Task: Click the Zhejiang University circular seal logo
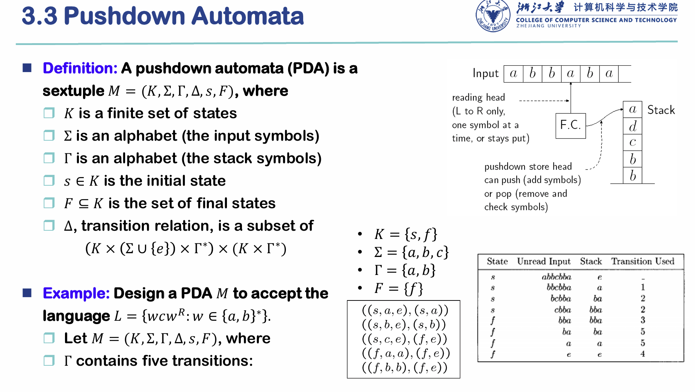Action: pos(493,16)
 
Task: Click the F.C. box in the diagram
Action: pos(571,126)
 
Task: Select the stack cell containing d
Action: pos(633,126)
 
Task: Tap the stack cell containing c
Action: pos(633,143)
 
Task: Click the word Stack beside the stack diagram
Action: pos(661,110)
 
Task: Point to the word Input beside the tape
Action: pos(485,73)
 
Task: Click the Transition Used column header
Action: pos(642,261)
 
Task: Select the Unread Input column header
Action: pos(544,261)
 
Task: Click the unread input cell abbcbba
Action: pos(556,277)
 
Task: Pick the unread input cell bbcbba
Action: pos(559,287)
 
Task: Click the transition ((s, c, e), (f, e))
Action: pos(405,339)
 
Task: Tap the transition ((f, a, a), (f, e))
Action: pos(406,353)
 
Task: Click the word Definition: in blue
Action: pos(80,68)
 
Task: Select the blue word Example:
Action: pos(76,293)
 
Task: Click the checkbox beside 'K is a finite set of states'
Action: pos(49,113)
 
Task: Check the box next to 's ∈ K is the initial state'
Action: pos(49,180)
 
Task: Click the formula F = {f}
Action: pos(399,288)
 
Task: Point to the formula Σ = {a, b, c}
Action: pos(411,252)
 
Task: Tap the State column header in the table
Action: pos(497,261)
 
